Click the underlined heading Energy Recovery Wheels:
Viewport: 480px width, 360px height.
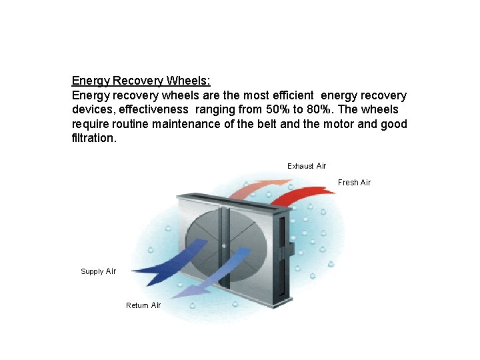[x=141, y=81]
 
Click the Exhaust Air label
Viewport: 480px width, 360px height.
[x=307, y=166]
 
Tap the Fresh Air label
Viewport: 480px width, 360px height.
[x=354, y=183]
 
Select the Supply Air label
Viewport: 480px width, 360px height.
[x=98, y=271]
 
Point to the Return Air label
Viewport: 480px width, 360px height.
[x=143, y=305]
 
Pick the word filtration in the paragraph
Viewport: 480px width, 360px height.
[x=93, y=139]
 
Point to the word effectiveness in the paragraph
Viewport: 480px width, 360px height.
[x=155, y=109]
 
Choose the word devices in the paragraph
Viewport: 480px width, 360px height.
[x=93, y=109]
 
